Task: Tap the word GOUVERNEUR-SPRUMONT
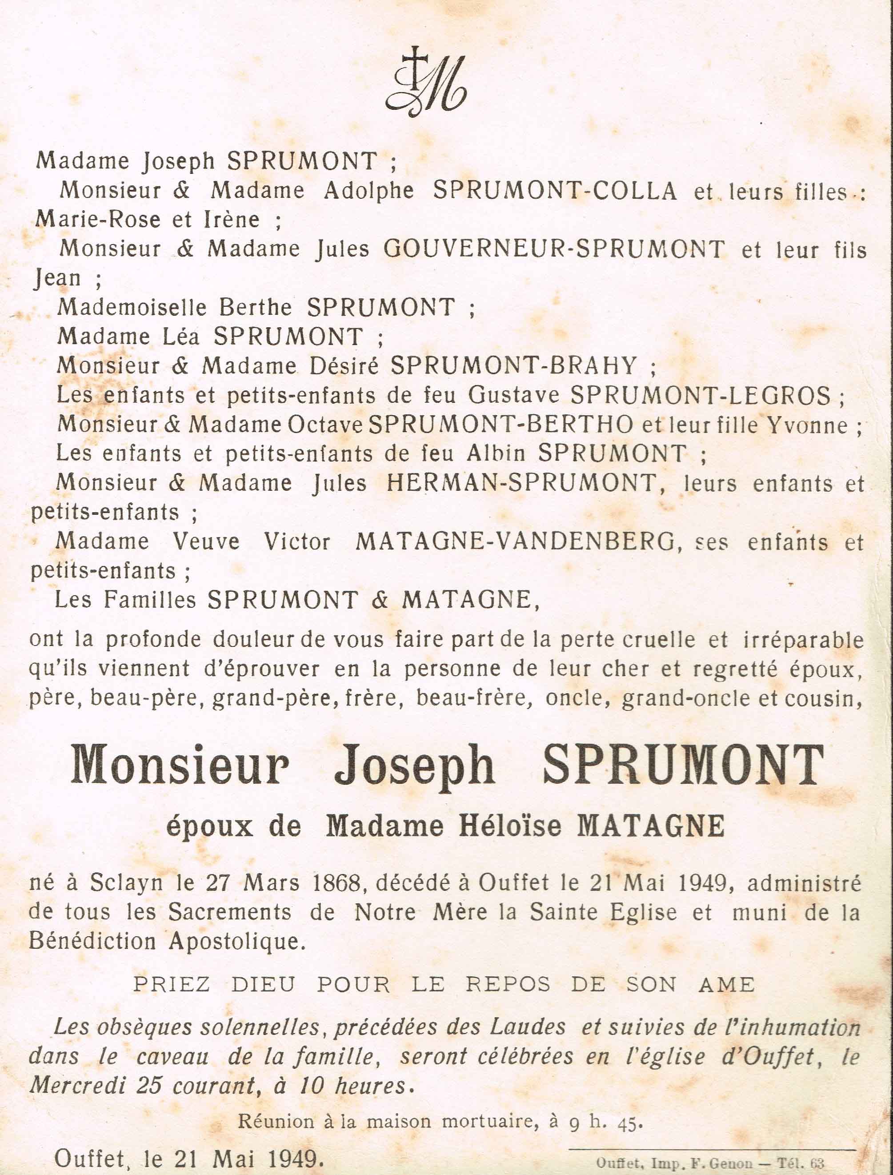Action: (554, 249)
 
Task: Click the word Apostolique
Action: (238, 942)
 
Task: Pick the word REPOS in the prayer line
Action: (508, 985)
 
